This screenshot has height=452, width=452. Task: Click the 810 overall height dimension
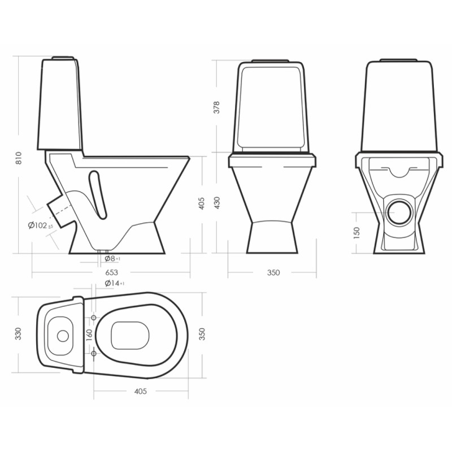point(19,158)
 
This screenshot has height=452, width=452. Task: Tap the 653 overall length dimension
point(111,272)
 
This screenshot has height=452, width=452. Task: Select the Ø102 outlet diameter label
point(40,225)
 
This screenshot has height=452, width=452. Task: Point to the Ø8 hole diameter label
point(112,259)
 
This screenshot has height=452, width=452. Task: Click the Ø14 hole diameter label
point(115,283)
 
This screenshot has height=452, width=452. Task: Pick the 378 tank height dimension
point(216,107)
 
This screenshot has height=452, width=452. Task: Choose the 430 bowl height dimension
point(216,203)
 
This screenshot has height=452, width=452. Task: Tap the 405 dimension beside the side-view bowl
point(202,203)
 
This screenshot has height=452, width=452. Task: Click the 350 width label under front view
point(273,272)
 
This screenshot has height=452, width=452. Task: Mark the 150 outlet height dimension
point(357,233)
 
